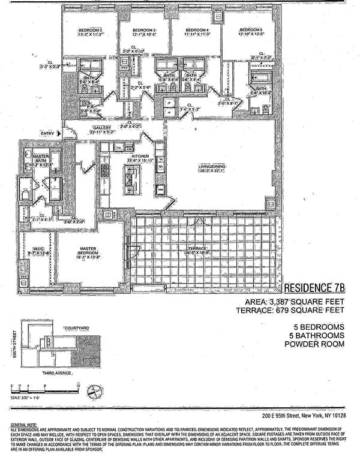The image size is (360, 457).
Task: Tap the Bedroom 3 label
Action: [144, 30]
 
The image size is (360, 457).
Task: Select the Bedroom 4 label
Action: [197, 30]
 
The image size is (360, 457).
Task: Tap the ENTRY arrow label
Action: [49, 133]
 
